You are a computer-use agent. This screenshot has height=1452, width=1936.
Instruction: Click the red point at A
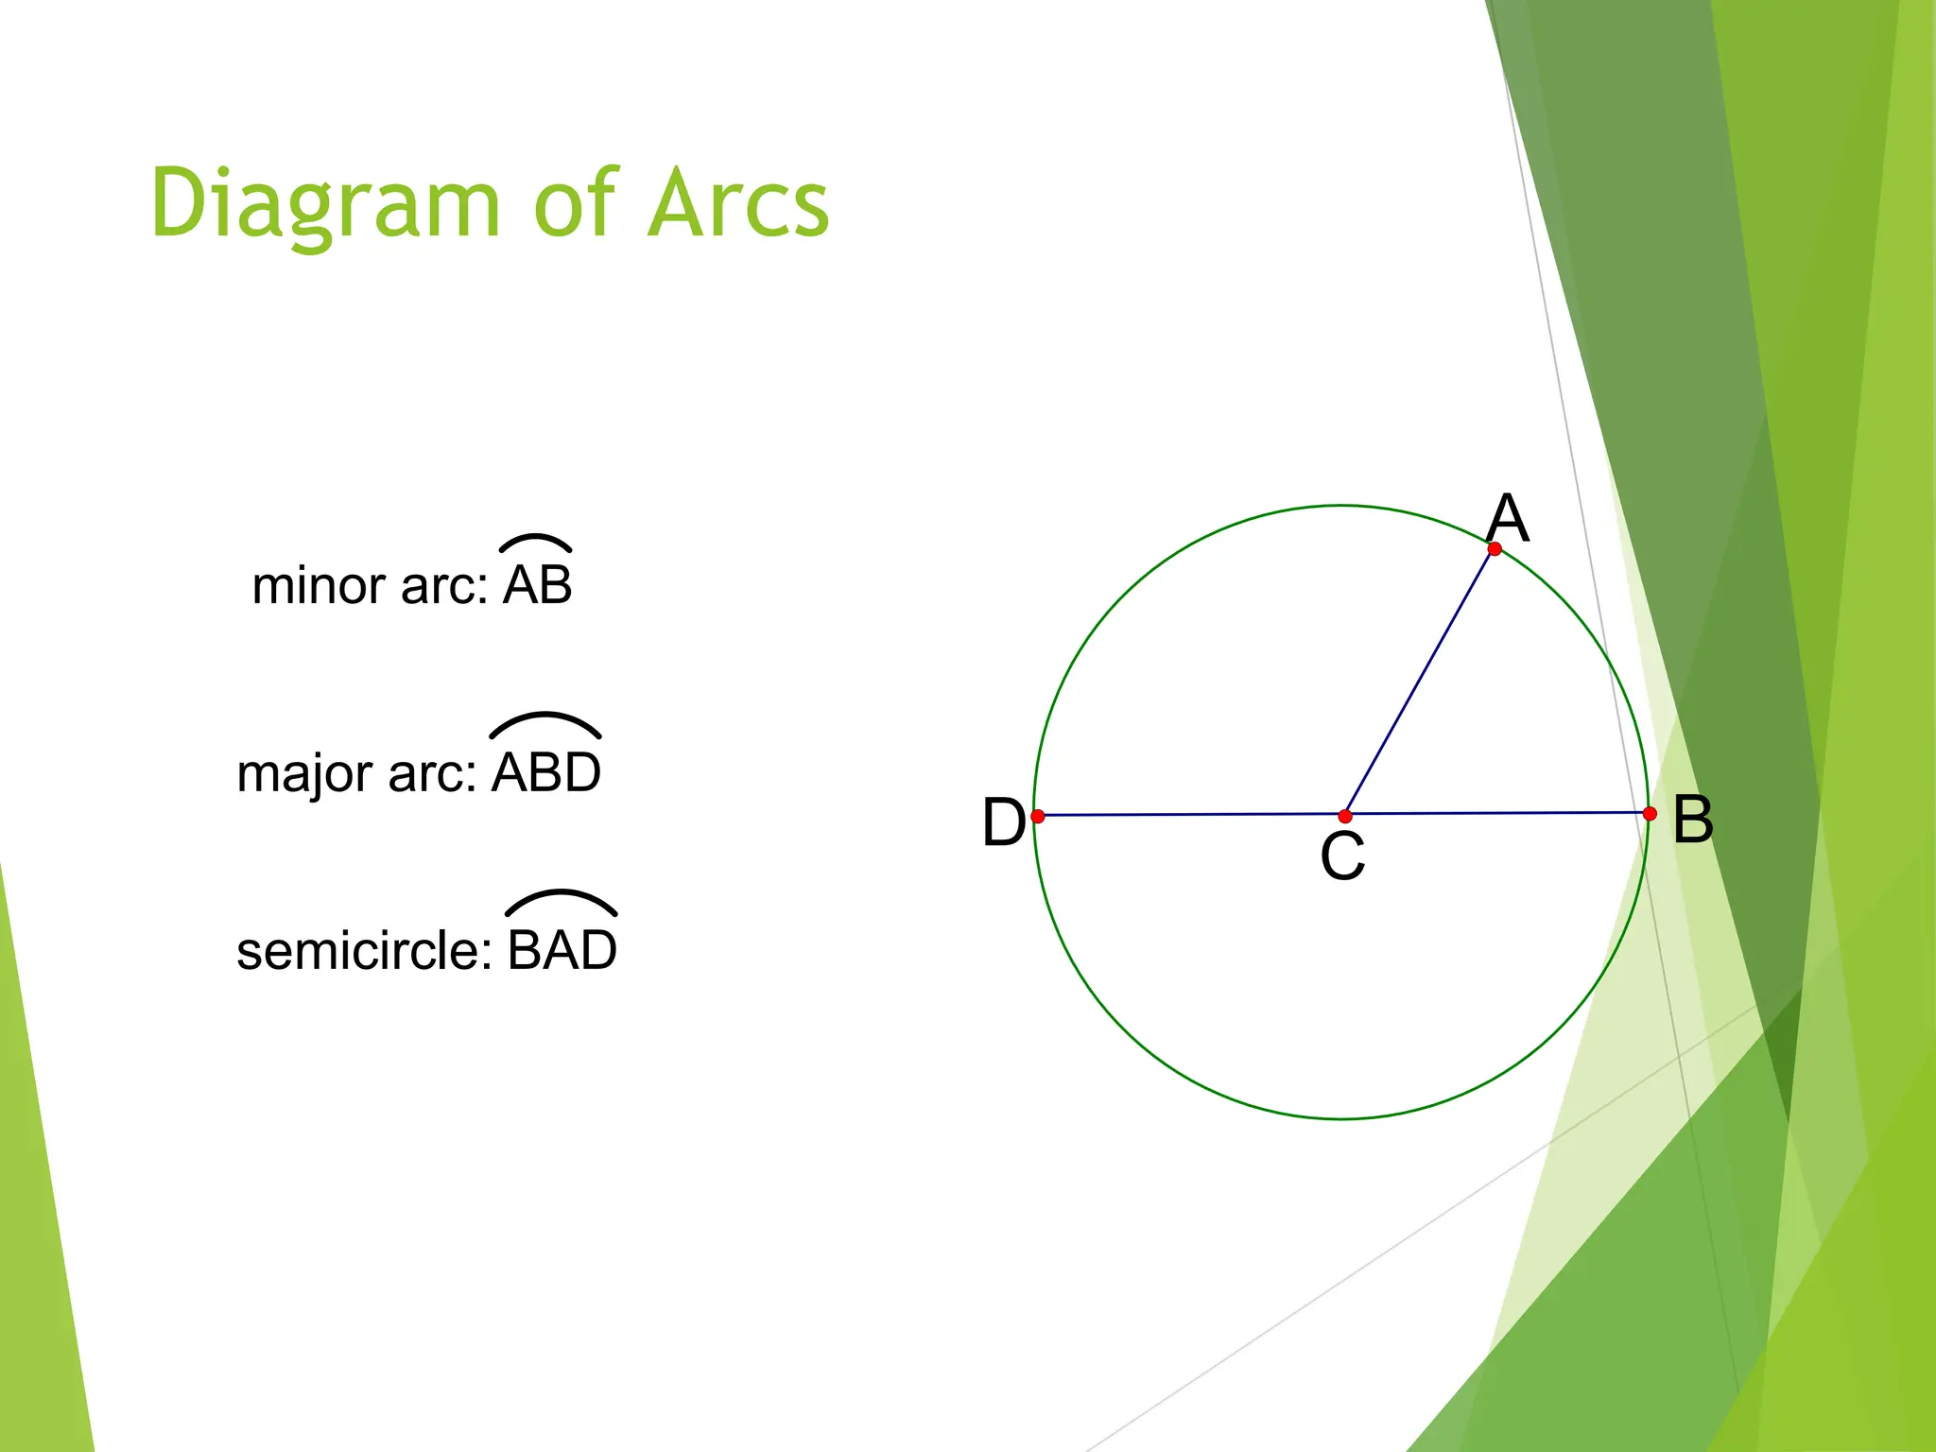tap(1495, 548)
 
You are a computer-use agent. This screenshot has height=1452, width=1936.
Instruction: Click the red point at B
tap(1650, 813)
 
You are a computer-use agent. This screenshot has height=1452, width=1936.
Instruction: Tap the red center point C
tap(1345, 816)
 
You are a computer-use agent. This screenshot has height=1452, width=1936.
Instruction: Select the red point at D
tap(1038, 816)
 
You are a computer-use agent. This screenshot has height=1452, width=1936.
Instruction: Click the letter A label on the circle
tap(1507, 518)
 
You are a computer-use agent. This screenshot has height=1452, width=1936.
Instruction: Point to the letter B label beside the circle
tap(1692, 820)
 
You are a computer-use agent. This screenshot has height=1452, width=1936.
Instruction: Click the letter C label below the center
tap(1342, 856)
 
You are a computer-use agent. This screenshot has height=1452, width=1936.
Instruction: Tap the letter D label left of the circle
tap(1003, 821)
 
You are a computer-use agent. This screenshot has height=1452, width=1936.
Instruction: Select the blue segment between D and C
tap(1191, 815)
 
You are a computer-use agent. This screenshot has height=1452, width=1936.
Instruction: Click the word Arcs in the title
tap(738, 204)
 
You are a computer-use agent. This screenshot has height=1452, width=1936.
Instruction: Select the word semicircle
tap(364, 951)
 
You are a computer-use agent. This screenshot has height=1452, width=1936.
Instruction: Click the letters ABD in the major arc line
tap(546, 772)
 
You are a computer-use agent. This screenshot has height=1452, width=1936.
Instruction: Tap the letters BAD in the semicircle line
tap(562, 951)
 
